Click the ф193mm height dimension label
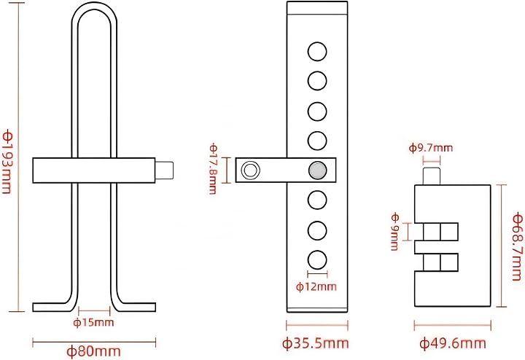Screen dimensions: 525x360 tap(7, 163)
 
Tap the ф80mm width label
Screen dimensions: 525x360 tap(93, 351)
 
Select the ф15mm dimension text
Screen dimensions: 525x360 tap(93, 323)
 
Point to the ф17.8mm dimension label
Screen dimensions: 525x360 tap(213, 169)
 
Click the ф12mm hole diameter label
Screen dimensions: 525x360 tap(316, 286)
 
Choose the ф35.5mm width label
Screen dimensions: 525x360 tap(316, 343)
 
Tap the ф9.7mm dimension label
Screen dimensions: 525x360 tap(431, 147)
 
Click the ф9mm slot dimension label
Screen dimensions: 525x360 tap(395, 232)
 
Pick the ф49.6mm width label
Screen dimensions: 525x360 tap(453, 343)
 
